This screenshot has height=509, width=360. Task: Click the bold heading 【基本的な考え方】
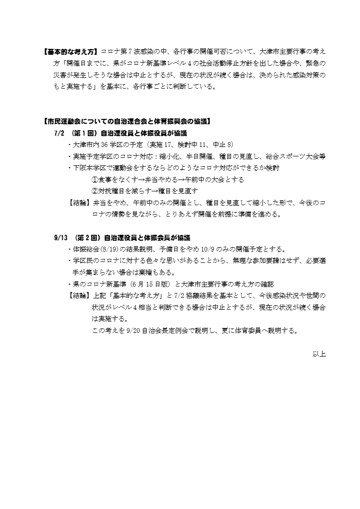click(71, 51)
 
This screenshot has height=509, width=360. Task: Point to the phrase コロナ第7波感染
click(123, 51)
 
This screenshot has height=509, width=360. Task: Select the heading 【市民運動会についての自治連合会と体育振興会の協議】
click(127, 121)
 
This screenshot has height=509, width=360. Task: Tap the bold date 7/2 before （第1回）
click(59, 133)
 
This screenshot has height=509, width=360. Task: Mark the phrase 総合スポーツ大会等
click(300, 156)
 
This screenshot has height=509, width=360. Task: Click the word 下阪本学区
click(87, 168)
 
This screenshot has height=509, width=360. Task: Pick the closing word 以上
click(319, 354)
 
